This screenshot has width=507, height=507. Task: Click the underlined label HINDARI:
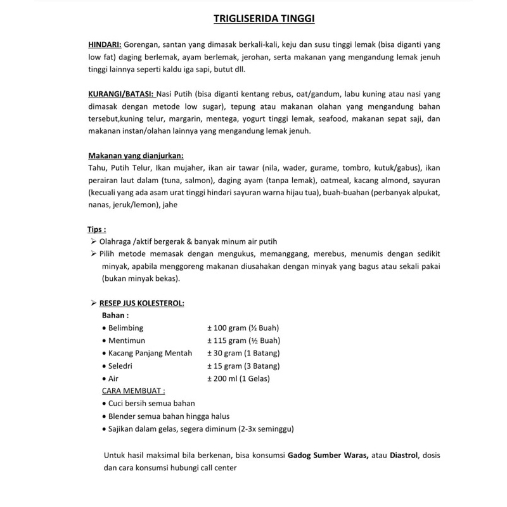pos(105,45)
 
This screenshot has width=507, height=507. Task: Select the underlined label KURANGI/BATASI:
pos(121,94)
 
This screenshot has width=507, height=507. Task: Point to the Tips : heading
pos(96,229)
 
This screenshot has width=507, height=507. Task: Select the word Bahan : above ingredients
pos(115,315)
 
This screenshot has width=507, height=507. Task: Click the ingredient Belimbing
pos(125,328)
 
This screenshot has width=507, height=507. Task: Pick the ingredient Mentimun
pos(127,340)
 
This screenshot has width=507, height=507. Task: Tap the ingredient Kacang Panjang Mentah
pos(150,353)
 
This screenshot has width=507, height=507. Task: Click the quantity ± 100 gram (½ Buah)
pos(243,328)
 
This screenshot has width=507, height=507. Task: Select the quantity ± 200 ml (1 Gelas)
pos(238,378)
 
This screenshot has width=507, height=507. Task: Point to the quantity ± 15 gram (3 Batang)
pos(243,366)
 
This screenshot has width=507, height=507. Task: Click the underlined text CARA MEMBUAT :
pos(134,390)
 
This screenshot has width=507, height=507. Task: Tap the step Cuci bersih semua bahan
pos(151,403)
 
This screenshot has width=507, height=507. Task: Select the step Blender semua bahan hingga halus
pos(169,416)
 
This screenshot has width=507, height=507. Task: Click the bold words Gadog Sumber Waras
pos(328,456)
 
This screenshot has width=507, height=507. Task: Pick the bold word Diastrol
pos(404,456)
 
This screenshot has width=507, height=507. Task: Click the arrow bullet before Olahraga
pos(94,242)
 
